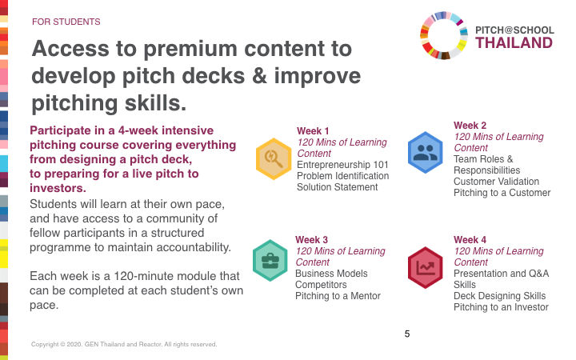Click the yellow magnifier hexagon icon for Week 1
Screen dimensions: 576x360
coord(274,158)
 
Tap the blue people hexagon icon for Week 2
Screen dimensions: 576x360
coord(426,153)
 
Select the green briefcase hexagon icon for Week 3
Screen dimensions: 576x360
coord(270,261)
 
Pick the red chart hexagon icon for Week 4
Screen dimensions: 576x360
coord(426,267)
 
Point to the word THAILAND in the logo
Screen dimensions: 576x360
coord(514,43)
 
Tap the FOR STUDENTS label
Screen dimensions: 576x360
coord(66,22)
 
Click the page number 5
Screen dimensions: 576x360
coord(407,334)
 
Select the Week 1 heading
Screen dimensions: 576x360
coord(313,131)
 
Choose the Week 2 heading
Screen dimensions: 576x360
coord(470,126)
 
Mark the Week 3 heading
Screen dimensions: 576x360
coord(311,240)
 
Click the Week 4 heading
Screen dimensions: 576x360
coord(470,240)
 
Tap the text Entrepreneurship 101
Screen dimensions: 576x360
coord(342,165)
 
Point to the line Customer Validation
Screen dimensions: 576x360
coord(496,182)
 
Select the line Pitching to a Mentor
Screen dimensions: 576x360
coord(338,296)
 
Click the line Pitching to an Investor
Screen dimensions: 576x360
coord(501,307)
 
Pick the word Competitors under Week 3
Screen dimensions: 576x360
coord(321,285)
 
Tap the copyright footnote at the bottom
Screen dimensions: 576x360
coord(124,344)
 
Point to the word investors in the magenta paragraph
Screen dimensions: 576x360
coord(58,188)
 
